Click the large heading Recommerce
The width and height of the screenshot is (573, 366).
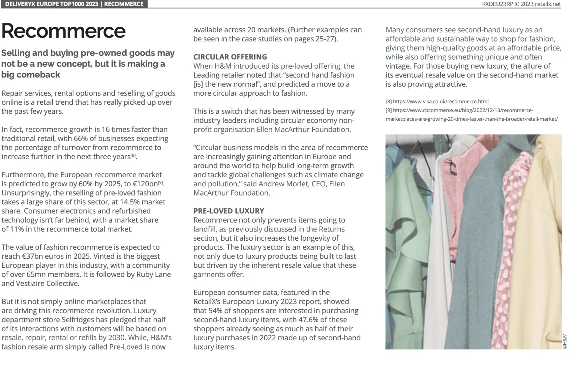[63, 31]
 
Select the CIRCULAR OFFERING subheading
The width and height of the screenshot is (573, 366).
[230, 57]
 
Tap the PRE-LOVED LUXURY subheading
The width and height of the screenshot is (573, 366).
[228, 211]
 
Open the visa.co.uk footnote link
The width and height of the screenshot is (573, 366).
[440, 102]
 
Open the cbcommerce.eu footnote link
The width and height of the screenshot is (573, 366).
[471, 115]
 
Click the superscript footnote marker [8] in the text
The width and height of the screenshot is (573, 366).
[133, 155]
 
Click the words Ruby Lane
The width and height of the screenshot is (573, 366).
[153, 274]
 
